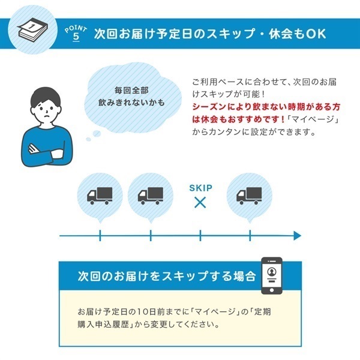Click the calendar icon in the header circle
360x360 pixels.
[32, 29]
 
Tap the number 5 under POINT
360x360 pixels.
[76, 37]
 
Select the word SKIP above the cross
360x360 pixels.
[200, 188]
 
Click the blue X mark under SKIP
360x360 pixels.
[200, 203]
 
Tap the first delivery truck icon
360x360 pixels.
[100, 196]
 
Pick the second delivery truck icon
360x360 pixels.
[151, 196]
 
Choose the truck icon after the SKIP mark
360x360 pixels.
[249, 196]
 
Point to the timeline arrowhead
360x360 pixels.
[298, 236]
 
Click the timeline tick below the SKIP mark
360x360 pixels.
[200, 236]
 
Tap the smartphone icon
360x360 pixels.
[272, 275]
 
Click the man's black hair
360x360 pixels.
[46, 97]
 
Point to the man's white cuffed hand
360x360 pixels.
[57, 154]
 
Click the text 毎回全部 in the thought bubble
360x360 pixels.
[131, 90]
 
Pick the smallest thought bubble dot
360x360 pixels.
[88, 139]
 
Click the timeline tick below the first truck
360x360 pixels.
[100, 236]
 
